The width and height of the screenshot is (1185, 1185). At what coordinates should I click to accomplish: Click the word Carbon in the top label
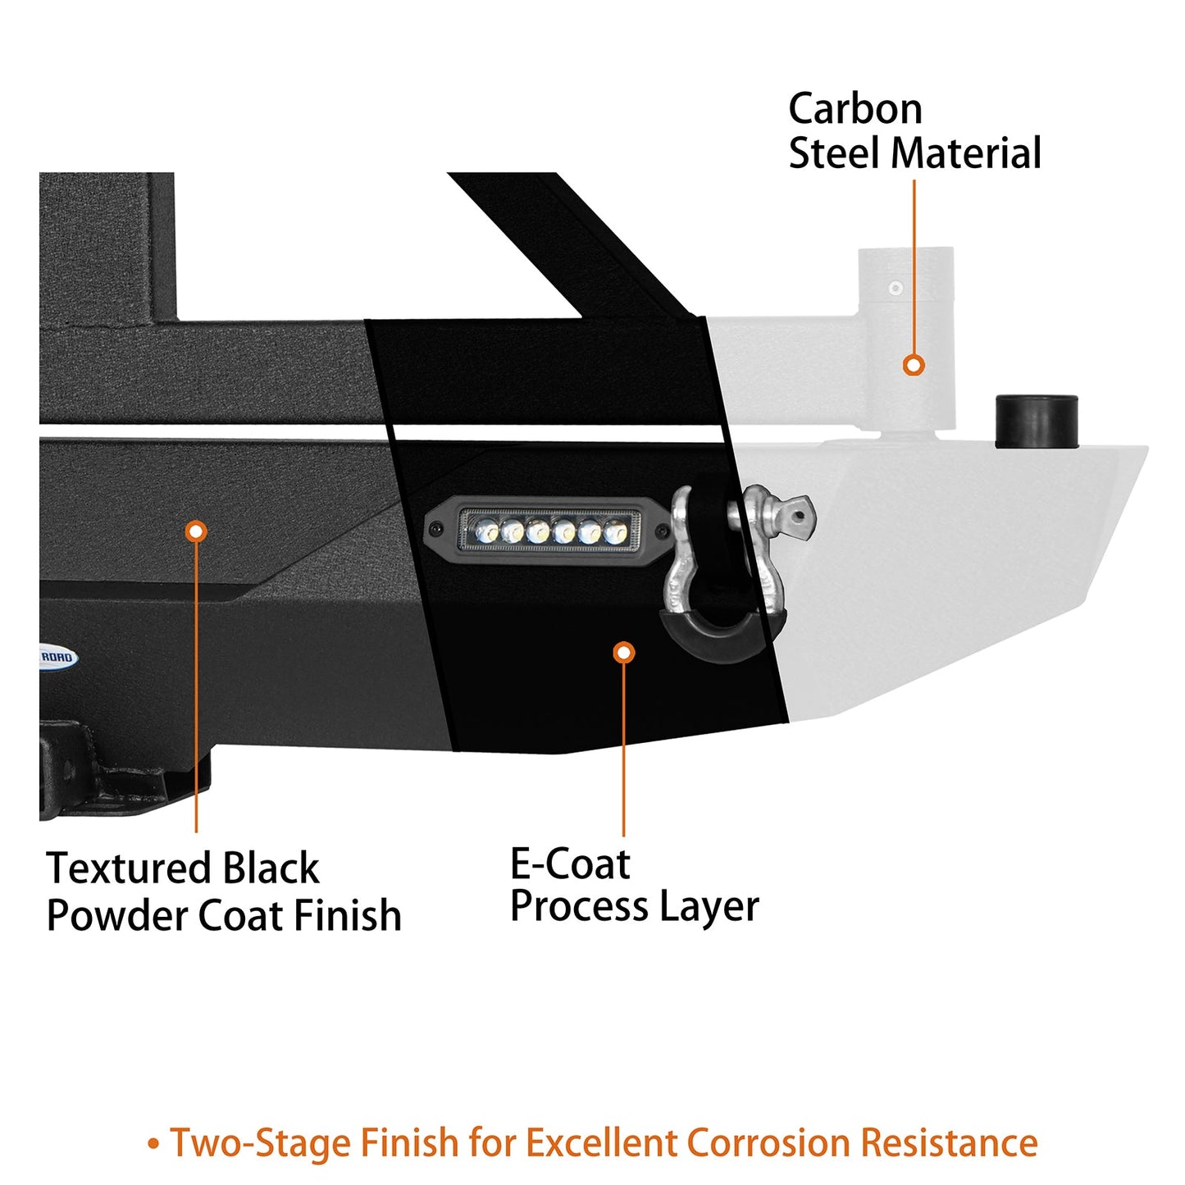coord(855,110)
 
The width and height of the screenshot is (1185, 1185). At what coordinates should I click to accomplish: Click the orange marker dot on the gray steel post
coord(914,365)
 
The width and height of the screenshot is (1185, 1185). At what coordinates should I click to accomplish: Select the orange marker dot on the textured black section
coord(195,531)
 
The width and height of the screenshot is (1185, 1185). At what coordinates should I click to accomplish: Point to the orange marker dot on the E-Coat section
coord(624,652)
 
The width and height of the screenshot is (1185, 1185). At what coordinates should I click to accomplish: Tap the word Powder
coord(116,916)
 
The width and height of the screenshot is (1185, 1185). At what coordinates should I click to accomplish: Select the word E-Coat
coord(570,864)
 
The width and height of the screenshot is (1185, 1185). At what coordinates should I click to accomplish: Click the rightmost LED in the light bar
coord(616,533)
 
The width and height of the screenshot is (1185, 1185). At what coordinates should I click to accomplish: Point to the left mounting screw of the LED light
coord(436,529)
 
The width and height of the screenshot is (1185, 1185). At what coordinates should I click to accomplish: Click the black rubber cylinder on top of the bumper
coord(1036,422)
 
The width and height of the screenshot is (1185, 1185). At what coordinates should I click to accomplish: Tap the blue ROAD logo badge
coord(57,657)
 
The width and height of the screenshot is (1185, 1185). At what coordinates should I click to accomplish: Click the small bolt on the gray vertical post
coord(896,289)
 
